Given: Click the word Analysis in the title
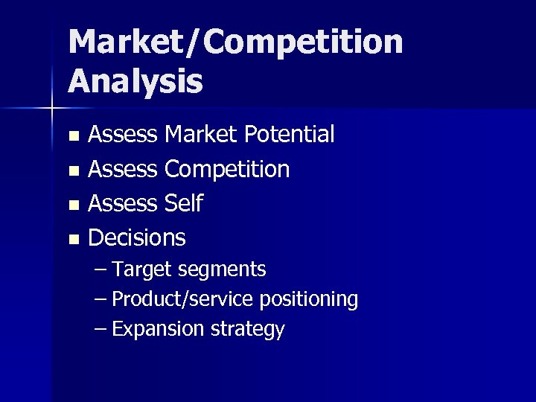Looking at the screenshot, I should click(x=135, y=82).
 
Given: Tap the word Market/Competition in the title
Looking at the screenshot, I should click(x=235, y=43).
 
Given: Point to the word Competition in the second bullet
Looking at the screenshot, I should click(x=227, y=169).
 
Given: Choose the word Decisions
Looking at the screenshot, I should click(x=137, y=237).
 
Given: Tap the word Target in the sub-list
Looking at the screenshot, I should click(x=141, y=269).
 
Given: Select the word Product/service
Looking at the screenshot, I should click(x=184, y=299).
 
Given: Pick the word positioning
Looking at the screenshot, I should click(x=309, y=299).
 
